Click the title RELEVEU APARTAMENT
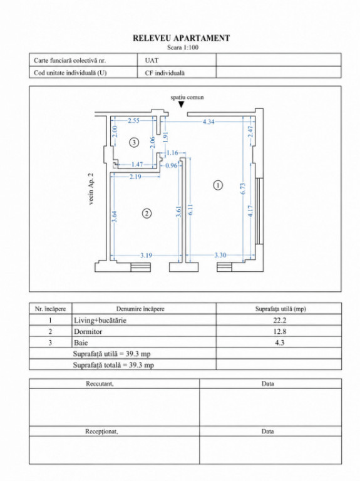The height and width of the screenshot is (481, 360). (x=181, y=38)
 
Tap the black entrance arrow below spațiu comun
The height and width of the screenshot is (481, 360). (x=182, y=105)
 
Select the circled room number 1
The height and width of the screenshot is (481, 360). (x=218, y=185)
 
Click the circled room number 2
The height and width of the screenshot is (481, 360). (x=147, y=213)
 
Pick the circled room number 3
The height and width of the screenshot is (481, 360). (x=134, y=142)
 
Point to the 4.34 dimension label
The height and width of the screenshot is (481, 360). (x=208, y=122)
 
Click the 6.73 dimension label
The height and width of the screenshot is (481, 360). (x=243, y=189)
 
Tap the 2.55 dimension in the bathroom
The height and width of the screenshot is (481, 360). (x=133, y=120)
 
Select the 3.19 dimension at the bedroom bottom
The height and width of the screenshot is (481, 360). (x=146, y=256)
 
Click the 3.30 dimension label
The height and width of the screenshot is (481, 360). (x=220, y=255)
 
